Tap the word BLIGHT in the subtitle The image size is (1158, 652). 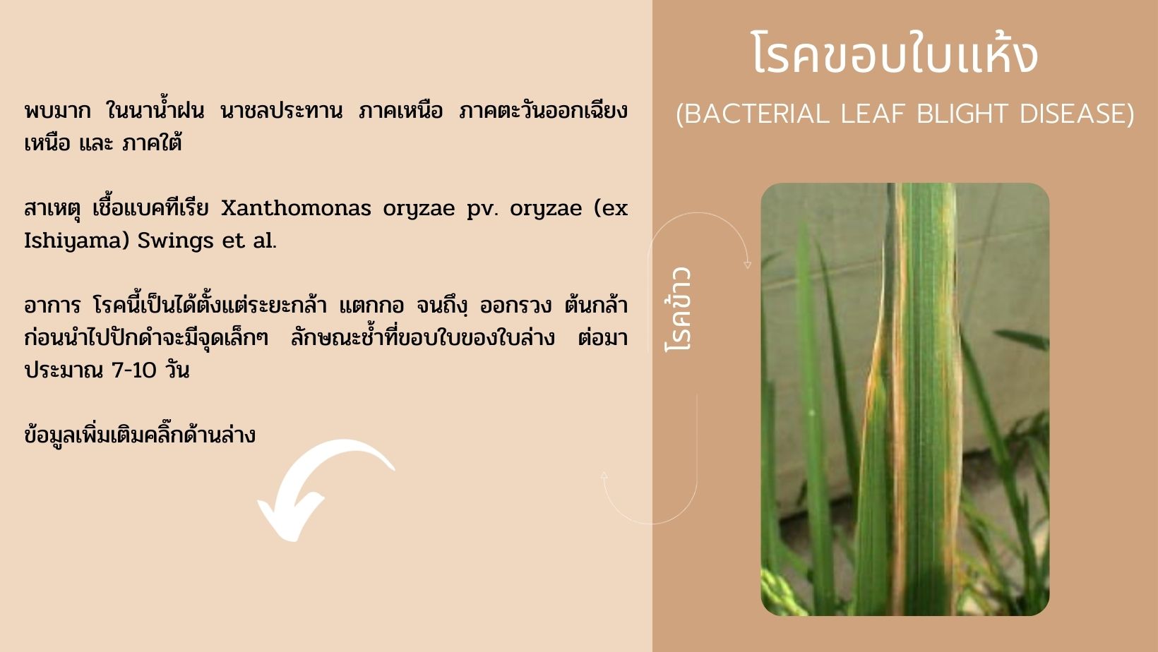coord(962,114)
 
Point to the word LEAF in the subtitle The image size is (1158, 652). coord(873,114)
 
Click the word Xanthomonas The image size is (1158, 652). coord(297,208)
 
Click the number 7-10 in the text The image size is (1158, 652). coord(134,370)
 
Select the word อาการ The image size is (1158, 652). coord(52,306)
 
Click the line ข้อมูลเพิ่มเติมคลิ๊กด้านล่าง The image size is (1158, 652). coord(140,434)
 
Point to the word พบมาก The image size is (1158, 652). coord(57,111)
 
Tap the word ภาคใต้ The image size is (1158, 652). coord(152,143)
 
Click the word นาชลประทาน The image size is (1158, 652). coord(281,111)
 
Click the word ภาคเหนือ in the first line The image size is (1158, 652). coord(400,111)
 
